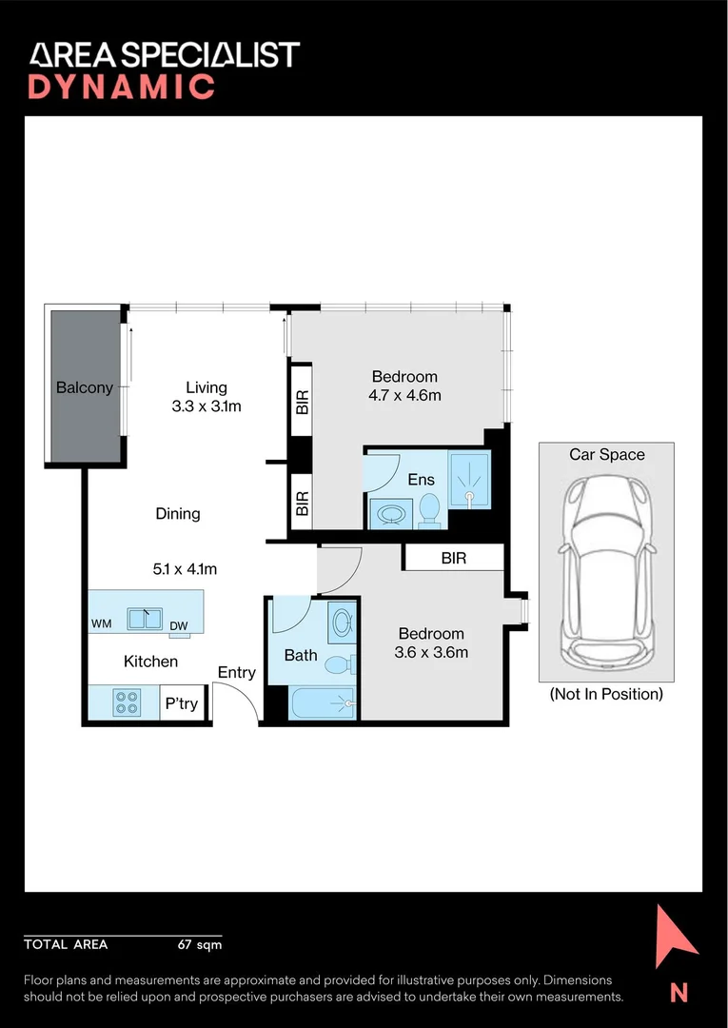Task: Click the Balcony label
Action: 85,387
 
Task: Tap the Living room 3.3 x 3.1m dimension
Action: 207,406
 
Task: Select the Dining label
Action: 178,513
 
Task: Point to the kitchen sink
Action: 145,619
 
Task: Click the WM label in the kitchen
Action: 101,624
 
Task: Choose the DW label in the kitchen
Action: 178,626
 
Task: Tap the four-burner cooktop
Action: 127,702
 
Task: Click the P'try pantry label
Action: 182,704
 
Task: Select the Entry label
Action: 237,672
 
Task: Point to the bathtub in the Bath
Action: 323,704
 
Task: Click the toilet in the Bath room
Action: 340,664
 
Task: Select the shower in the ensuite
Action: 469,479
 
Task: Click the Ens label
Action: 421,480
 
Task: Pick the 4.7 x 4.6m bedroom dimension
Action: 404,396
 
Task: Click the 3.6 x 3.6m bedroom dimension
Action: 431,653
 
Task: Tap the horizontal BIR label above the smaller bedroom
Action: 454,559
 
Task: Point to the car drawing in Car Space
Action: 607,570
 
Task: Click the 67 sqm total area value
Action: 200,945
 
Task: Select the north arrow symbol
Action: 675,937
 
